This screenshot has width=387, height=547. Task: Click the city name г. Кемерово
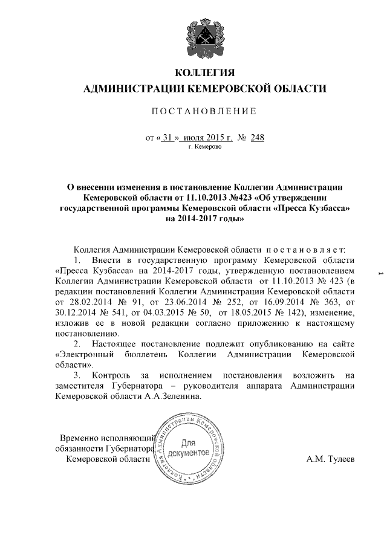point(205,146)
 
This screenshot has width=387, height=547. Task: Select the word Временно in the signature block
point(78,438)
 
